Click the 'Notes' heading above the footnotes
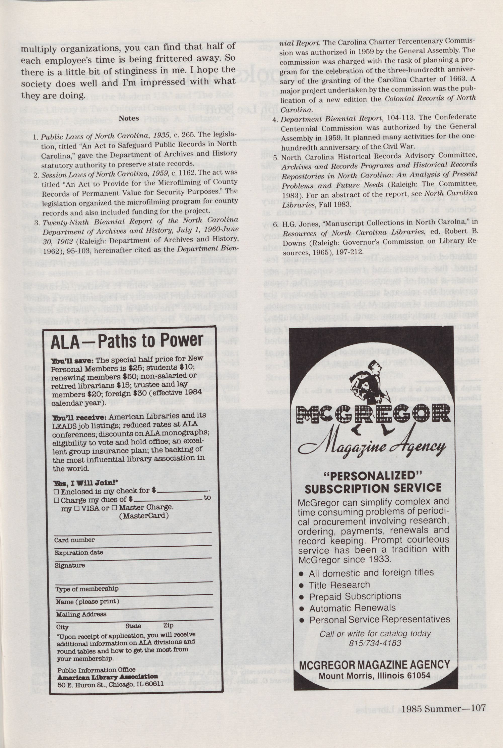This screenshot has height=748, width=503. click(129, 118)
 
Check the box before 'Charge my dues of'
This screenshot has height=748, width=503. click(56, 500)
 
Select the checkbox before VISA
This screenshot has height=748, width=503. click(77, 508)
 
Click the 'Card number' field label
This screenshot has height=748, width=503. click(74, 540)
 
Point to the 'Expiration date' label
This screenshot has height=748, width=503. click(78, 552)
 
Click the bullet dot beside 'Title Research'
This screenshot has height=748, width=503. click(301, 585)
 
